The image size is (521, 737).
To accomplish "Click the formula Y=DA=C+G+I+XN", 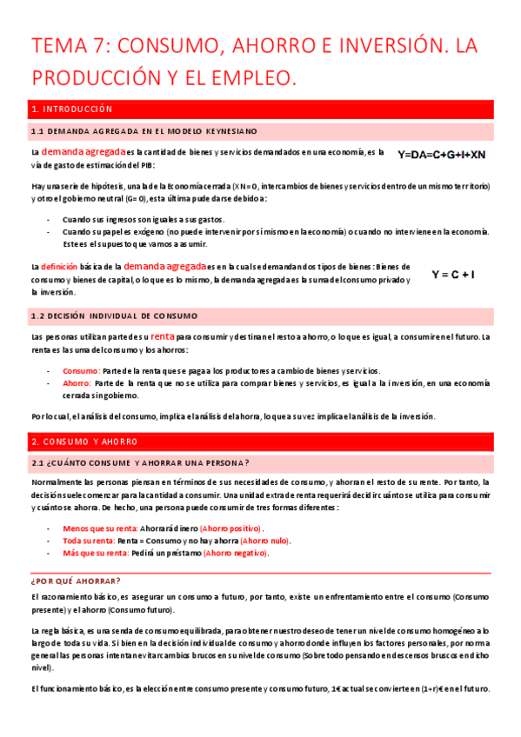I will [441, 155].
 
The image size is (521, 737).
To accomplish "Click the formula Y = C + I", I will [453, 275].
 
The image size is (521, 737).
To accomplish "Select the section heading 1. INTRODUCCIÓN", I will [71, 110].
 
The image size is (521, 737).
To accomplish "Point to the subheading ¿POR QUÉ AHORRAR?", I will [76, 580].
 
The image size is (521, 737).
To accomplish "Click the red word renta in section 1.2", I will [163, 335].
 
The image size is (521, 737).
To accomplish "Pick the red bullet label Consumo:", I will [81, 369].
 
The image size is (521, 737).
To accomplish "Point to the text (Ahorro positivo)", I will [230, 528].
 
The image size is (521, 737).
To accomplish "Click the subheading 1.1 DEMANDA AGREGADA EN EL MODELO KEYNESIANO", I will [144, 131].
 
